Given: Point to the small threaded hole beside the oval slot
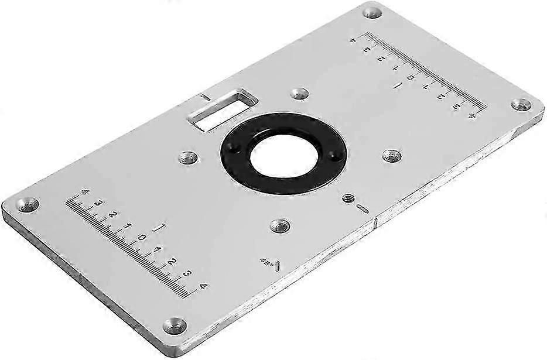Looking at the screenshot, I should (349, 199).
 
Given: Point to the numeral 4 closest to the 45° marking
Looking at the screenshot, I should (203, 286).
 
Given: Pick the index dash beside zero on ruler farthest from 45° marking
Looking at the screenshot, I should (398, 86).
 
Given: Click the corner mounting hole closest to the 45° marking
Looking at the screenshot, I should (174, 324).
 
